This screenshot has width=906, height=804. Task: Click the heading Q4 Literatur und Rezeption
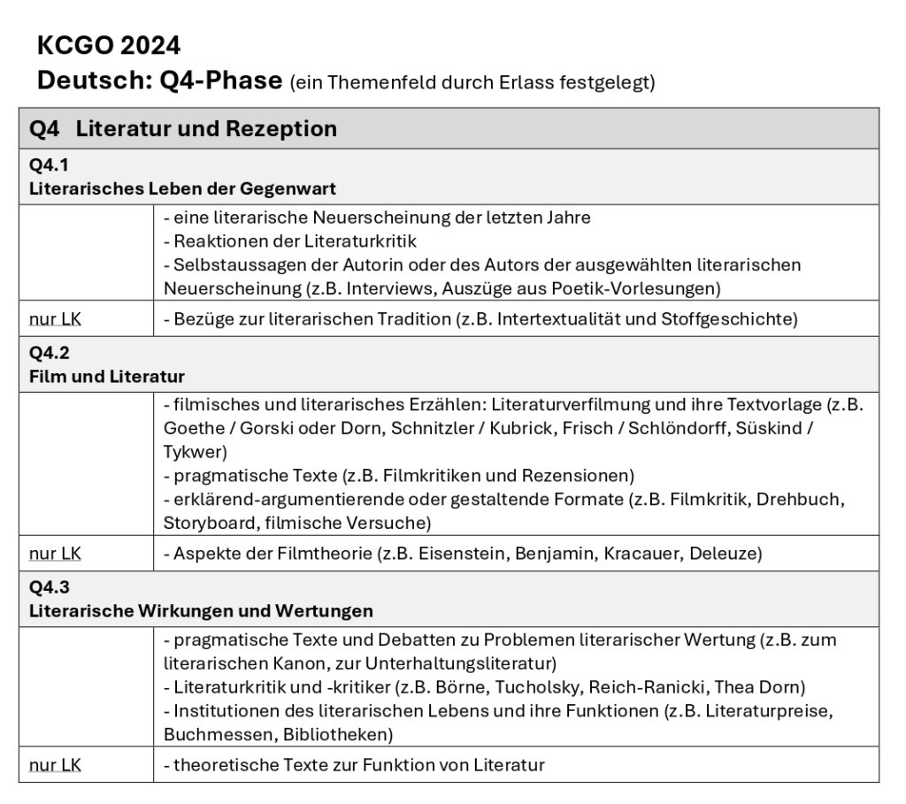(183, 128)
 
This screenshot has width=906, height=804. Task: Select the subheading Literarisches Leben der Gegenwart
(182, 188)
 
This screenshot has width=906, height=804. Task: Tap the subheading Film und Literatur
(107, 377)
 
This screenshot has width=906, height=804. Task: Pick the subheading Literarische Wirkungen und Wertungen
(201, 610)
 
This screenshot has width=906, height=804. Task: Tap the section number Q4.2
(49, 353)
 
